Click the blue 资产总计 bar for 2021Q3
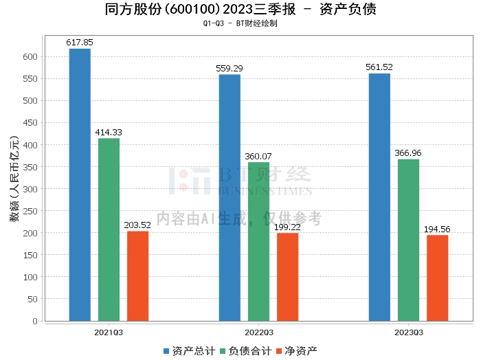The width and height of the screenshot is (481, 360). point(80,184)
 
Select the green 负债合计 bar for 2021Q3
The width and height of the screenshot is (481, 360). point(109,229)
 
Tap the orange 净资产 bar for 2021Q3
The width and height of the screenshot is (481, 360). point(137,275)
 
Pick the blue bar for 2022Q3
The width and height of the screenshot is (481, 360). point(230,197)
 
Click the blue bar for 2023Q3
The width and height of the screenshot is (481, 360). point(379,196)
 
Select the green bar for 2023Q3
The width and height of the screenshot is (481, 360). point(408,240)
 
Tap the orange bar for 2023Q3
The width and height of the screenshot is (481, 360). point(437,278)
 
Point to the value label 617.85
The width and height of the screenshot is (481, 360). point(80,43)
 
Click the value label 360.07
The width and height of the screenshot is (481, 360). point(258,156)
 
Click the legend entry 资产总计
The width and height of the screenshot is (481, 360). point(188,351)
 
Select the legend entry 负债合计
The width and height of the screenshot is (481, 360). point(245,351)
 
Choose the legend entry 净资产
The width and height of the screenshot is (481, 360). point(296,351)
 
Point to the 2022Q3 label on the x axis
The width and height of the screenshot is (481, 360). point(258,333)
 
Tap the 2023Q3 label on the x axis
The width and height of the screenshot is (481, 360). point(408,333)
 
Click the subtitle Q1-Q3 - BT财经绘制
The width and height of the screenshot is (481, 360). point(240,23)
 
